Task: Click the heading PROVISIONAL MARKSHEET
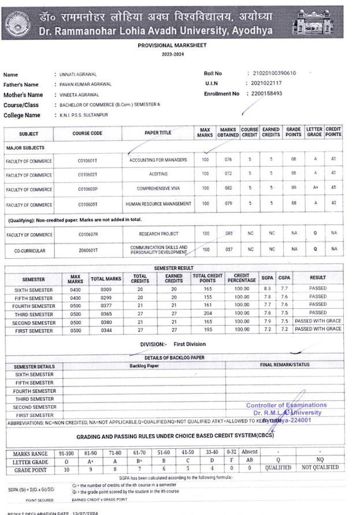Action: (x=172, y=44)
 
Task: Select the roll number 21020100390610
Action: (x=271, y=73)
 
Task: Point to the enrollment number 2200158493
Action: (x=263, y=93)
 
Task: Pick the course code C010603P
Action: (x=87, y=189)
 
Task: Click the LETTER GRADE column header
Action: (x=314, y=132)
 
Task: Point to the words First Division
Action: (x=190, y=344)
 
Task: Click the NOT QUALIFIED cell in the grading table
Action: (x=320, y=468)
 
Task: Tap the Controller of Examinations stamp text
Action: (x=286, y=405)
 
